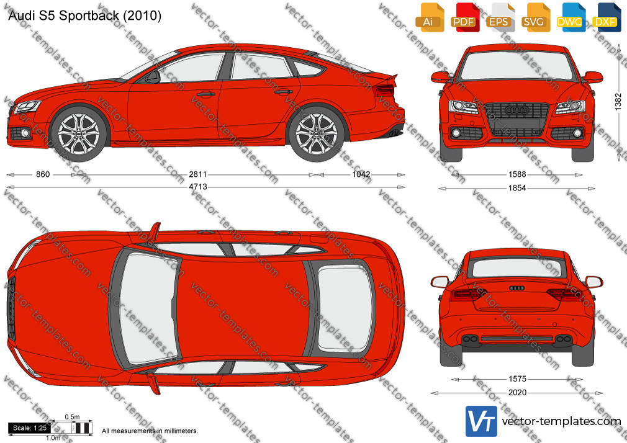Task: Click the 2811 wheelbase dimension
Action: [198, 174]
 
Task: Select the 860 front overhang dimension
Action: [43, 174]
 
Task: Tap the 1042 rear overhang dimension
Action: [361, 174]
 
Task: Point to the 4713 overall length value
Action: [198, 187]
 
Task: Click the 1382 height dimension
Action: [618, 102]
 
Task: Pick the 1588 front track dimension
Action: [517, 174]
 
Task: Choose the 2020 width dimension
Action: [517, 393]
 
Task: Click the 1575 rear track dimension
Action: [517, 379]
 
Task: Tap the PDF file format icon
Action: [464, 17]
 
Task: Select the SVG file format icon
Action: [535, 17]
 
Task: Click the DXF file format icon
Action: [606, 17]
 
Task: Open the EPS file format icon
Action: [499, 17]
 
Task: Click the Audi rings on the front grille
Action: [516, 110]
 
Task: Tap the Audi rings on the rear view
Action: [516, 288]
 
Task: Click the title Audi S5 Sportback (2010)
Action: [85, 16]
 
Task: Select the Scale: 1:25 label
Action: [30, 428]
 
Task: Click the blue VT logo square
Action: [481, 421]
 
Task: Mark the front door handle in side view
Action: [205, 95]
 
